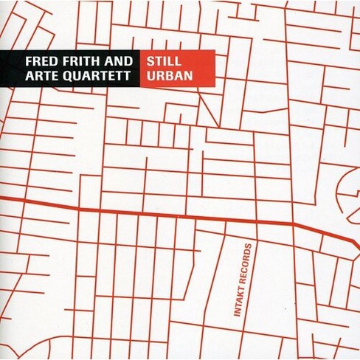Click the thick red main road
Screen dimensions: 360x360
(148, 212)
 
